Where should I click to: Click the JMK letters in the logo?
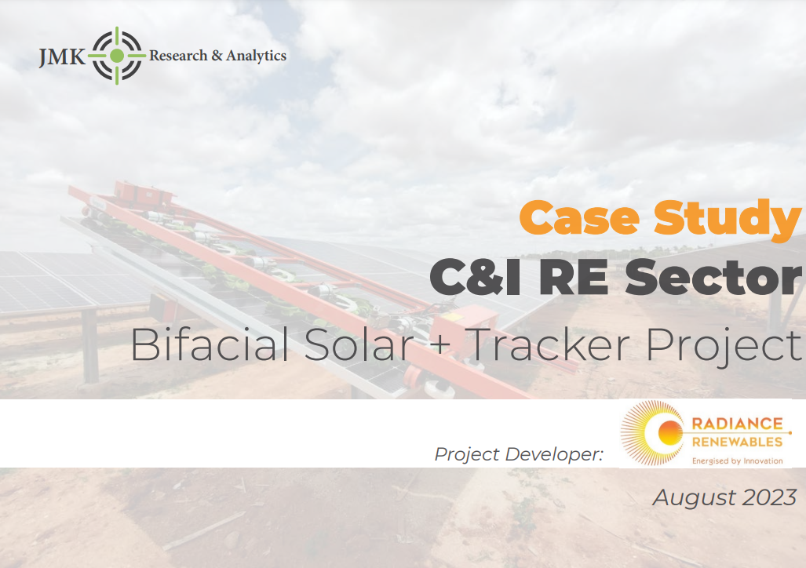click(x=62, y=56)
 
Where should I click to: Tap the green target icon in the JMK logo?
click(x=117, y=56)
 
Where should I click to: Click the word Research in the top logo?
click(x=178, y=55)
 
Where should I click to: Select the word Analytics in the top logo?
click(x=256, y=56)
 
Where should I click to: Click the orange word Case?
click(x=579, y=218)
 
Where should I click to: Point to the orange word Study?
click(x=728, y=220)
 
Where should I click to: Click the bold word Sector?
click(x=713, y=277)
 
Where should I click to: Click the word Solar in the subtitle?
click(x=359, y=344)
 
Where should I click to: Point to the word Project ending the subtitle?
click(x=724, y=347)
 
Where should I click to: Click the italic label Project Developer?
click(x=519, y=454)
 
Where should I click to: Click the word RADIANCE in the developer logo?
click(x=737, y=424)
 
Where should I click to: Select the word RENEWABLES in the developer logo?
click(x=737, y=442)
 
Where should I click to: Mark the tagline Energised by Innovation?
click(x=737, y=461)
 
